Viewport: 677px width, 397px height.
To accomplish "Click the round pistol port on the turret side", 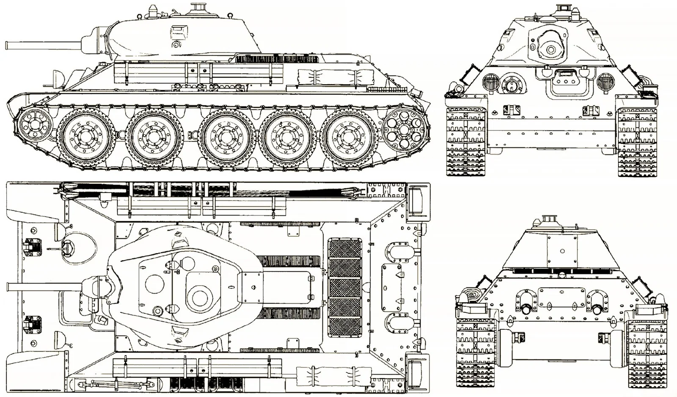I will tap(175, 44).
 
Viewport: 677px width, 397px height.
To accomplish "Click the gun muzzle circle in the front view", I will tap(550, 50).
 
